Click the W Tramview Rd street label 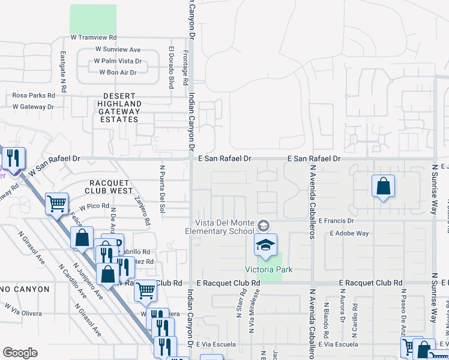click(93, 37)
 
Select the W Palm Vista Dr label click(118, 61)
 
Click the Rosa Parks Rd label click(34, 95)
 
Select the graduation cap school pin click(265, 245)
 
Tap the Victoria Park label click(268, 269)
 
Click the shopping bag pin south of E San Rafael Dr click(383, 187)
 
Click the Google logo click(20, 353)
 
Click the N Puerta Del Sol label click(162, 190)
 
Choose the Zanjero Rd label click(142, 211)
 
